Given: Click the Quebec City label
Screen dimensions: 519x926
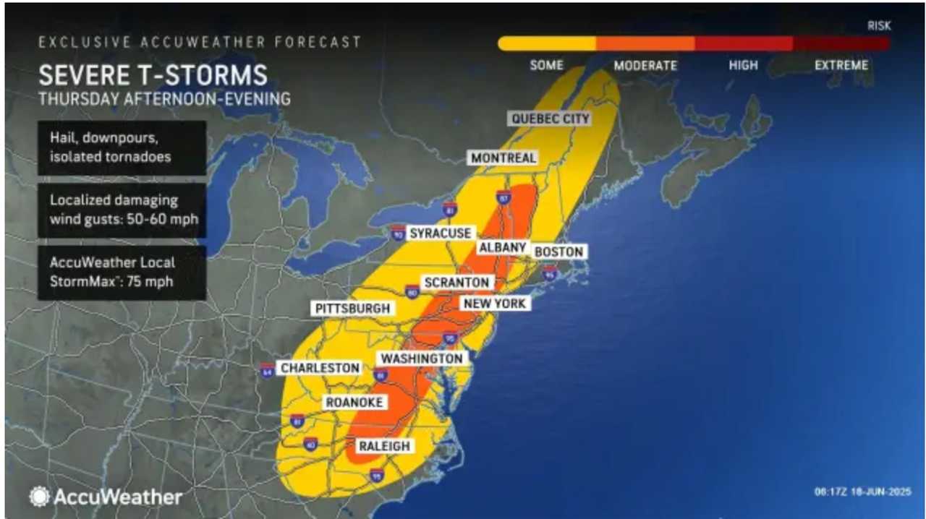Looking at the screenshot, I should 550,119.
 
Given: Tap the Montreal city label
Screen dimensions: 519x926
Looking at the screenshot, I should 504,158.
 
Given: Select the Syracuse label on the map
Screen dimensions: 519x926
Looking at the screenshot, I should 441,233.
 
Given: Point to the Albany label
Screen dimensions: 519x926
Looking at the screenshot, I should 501,247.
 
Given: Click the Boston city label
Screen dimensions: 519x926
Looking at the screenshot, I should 558,252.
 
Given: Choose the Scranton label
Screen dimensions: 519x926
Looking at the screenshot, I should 456,282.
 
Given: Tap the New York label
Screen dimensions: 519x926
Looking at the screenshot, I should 495,304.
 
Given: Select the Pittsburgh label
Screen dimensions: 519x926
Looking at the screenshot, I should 352,309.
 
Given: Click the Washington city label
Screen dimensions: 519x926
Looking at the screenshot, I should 422,359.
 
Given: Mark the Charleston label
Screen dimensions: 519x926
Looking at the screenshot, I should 320,368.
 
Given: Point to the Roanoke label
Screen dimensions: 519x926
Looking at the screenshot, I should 354,403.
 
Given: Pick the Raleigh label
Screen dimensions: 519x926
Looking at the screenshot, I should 384,446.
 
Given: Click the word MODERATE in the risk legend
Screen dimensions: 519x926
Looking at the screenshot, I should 645,66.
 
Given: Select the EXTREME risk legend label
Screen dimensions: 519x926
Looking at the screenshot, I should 841,66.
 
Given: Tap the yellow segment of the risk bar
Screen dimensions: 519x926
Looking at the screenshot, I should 546,44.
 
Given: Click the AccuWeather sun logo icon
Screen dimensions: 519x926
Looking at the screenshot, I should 39,496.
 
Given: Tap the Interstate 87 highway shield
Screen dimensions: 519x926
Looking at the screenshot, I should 504,197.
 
